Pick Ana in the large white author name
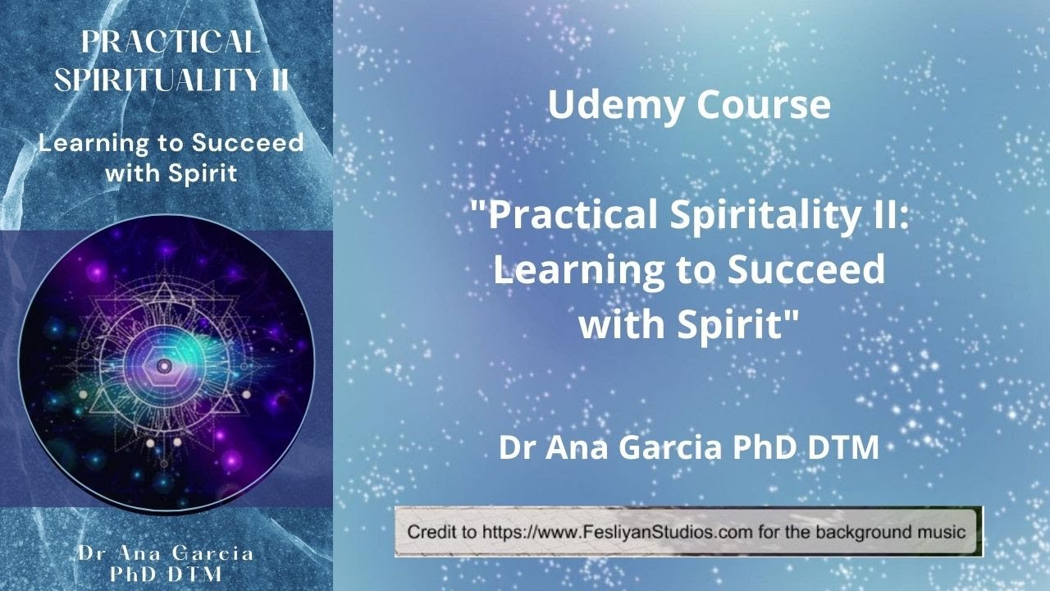[586, 448]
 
